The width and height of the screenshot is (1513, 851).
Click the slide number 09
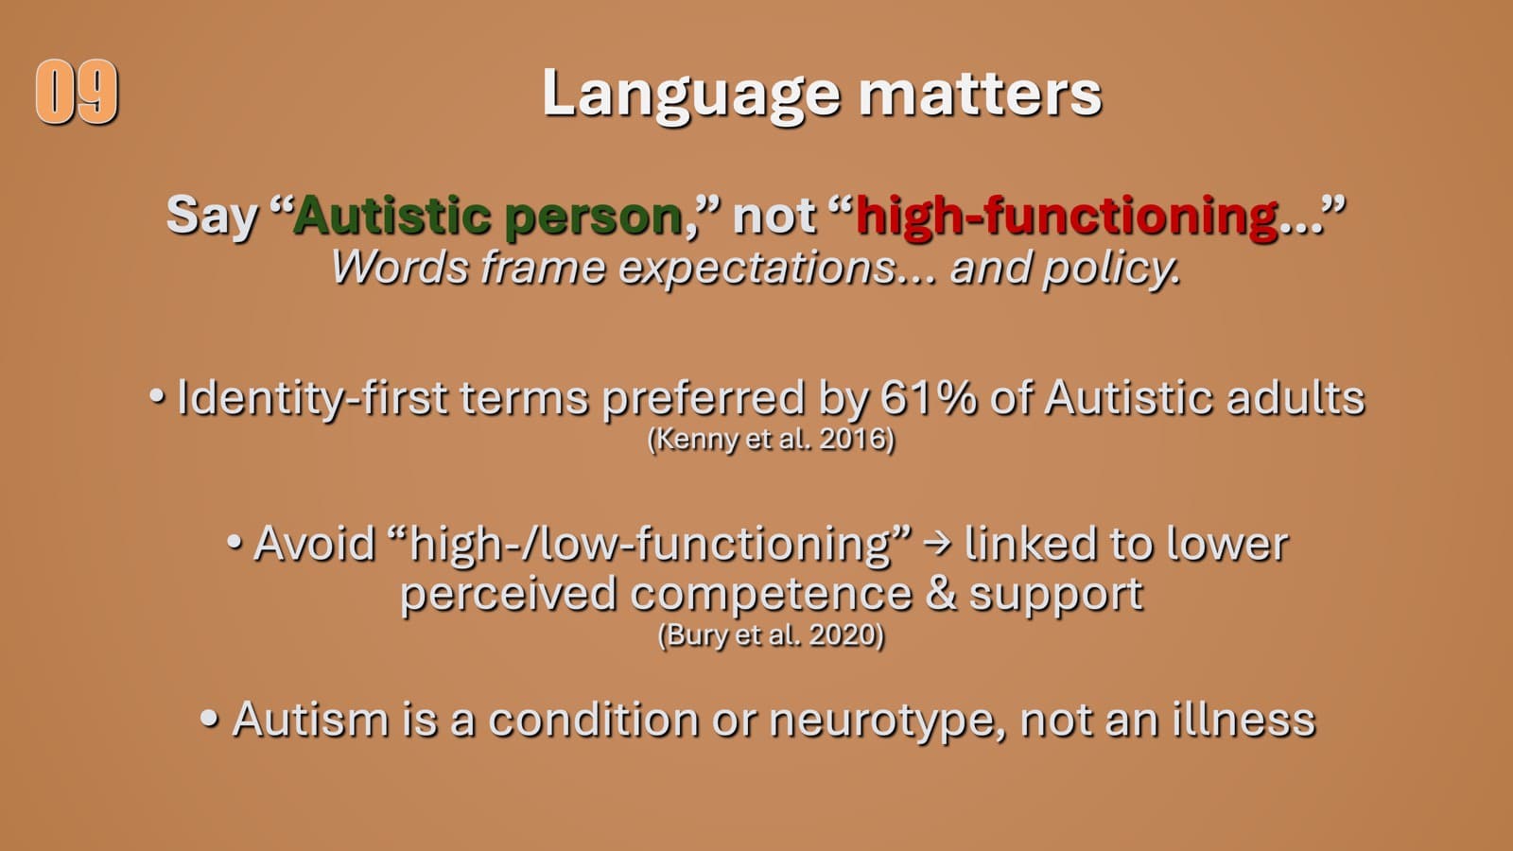pyautogui.click(x=77, y=92)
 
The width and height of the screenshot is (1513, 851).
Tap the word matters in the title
pyautogui.click(x=980, y=95)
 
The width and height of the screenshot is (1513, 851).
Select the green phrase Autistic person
pyautogui.click(x=488, y=216)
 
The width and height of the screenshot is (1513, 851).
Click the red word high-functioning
pyautogui.click(x=1067, y=216)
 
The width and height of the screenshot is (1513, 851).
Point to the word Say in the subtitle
pyautogui.click(x=212, y=216)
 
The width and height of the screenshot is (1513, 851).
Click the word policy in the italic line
pyautogui.click(x=1110, y=269)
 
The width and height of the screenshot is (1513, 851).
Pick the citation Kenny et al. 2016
pyautogui.click(x=771, y=440)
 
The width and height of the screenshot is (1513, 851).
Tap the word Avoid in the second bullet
pyautogui.click(x=314, y=544)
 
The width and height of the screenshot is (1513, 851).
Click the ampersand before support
pyautogui.click(x=941, y=594)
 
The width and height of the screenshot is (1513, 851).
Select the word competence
pyautogui.click(x=770, y=594)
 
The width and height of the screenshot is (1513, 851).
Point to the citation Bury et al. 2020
pyautogui.click(x=771, y=634)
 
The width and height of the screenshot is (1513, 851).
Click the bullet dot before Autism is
pyautogui.click(x=210, y=719)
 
